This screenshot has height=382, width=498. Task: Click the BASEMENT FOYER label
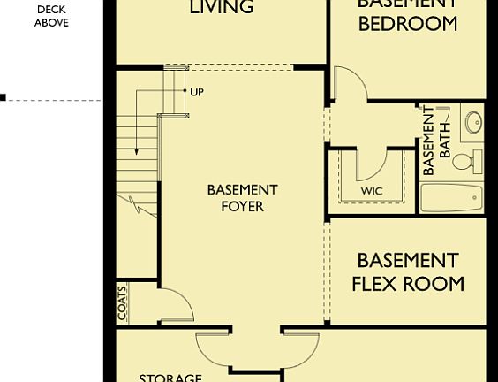click(242, 198)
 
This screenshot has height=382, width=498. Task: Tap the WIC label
click(371, 191)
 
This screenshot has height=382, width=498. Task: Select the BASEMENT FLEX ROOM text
click(408, 272)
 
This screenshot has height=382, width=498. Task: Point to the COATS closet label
click(122, 302)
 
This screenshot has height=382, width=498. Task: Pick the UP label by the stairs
click(196, 91)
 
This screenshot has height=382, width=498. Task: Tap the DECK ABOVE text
click(51, 16)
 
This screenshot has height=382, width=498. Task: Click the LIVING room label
click(223, 8)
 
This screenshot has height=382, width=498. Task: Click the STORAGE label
click(170, 378)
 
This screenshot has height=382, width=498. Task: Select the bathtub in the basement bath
click(452, 196)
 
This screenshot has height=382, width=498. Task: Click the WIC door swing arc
click(373, 164)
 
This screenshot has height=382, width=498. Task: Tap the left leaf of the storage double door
click(217, 348)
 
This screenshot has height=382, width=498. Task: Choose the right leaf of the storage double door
click(298, 348)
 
